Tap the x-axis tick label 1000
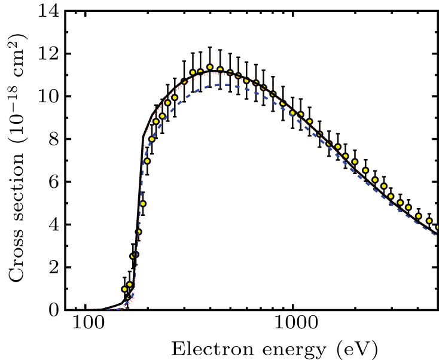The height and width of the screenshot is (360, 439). click(x=292, y=324)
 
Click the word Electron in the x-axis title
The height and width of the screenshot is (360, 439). click(x=199, y=347)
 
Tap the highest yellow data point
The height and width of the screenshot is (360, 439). click(x=210, y=68)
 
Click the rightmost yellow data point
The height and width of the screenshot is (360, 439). click(x=438, y=227)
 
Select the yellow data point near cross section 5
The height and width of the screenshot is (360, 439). click(x=143, y=203)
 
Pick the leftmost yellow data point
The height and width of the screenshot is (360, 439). click(x=124, y=289)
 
